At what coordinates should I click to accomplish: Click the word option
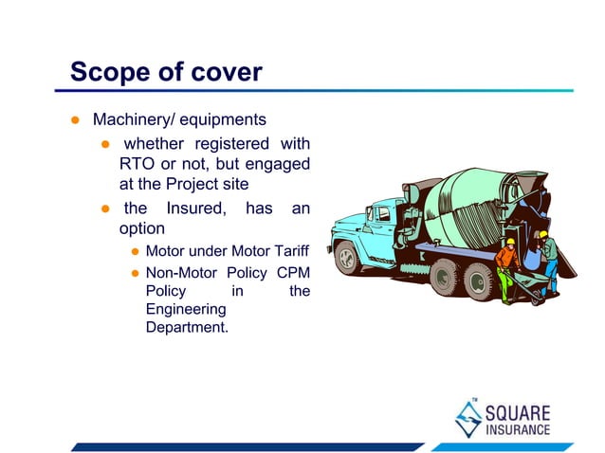[x=142, y=229]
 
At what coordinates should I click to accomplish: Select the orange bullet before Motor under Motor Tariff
[x=136, y=252]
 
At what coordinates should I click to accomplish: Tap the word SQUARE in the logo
[x=518, y=413]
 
